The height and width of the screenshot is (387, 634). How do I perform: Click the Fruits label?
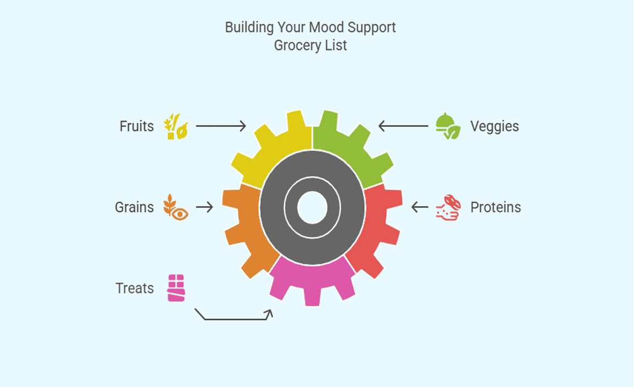pyautogui.click(x=136, y=126)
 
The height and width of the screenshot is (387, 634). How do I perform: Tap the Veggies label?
pyautogui.click(x=494, y=126)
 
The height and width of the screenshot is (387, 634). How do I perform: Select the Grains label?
pyautogui.click(x=134, y=207)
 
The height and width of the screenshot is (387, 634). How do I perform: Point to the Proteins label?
pyautogui.click(x=495, y=207)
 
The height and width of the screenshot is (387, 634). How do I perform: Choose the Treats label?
pyautogui.click(x=135, y=288)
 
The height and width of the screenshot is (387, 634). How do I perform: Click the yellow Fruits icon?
pyautogui.click(x=176, y=126)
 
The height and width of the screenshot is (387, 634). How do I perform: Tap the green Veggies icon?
pyautogui.click(x=447, y=126)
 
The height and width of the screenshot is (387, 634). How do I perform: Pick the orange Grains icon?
pyautogui.click(x=176, y=207)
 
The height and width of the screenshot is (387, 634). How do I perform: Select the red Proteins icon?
pyautogui.click(x=447, y=207)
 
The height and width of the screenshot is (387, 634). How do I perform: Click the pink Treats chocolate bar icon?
pyautogui.click(x=176, y=288)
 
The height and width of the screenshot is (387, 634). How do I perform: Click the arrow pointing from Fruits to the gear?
pyautogui.click(x=221, y=126)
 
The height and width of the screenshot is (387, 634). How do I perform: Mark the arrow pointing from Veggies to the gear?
pyautogui.click(x=403, y=126)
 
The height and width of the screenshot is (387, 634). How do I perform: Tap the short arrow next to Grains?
pyautogui.click(x=205, y=207)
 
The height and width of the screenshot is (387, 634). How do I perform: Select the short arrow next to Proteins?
pyautogui.click(x=420, y=207)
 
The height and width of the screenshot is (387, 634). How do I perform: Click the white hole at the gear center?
pyautogui.click(x=312, y=208)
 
